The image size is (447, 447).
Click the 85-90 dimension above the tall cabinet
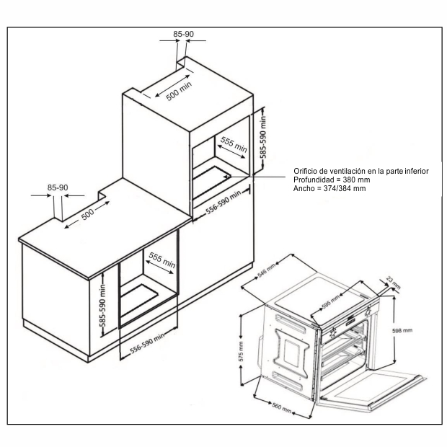pos(183,34)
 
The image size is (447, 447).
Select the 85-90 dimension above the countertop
pos(58,187)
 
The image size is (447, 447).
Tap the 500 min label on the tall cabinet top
pos(179,91)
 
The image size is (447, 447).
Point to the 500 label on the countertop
pos(88,214)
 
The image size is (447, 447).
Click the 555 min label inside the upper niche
pos(234,144)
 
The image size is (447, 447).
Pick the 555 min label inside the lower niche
pos(162,260)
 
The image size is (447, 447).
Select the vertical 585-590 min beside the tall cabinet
pos(263,137)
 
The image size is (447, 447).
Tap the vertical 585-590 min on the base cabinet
pos(102,306)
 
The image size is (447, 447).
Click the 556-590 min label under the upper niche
pos(223,202)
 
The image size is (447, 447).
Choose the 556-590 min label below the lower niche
pos(147,343)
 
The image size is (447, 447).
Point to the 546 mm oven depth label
pos(267,270)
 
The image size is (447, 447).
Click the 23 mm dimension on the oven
pos(394,282)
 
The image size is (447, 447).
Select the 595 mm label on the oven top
pos(331,301)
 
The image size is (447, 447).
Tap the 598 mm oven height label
pos(402,331)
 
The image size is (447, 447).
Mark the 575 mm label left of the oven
pos(242,352)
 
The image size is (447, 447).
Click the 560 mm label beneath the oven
pos(282,407)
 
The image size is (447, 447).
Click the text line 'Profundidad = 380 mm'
pos(332,180)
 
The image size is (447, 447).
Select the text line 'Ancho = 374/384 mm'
pos(329,188)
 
